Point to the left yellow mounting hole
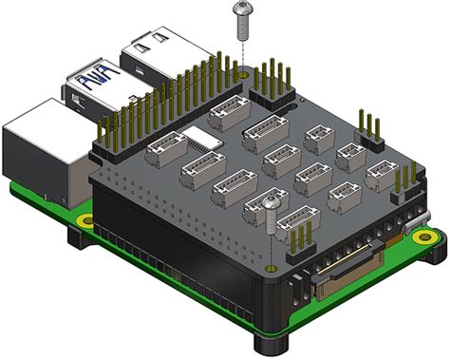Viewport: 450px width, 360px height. (85, 220)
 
